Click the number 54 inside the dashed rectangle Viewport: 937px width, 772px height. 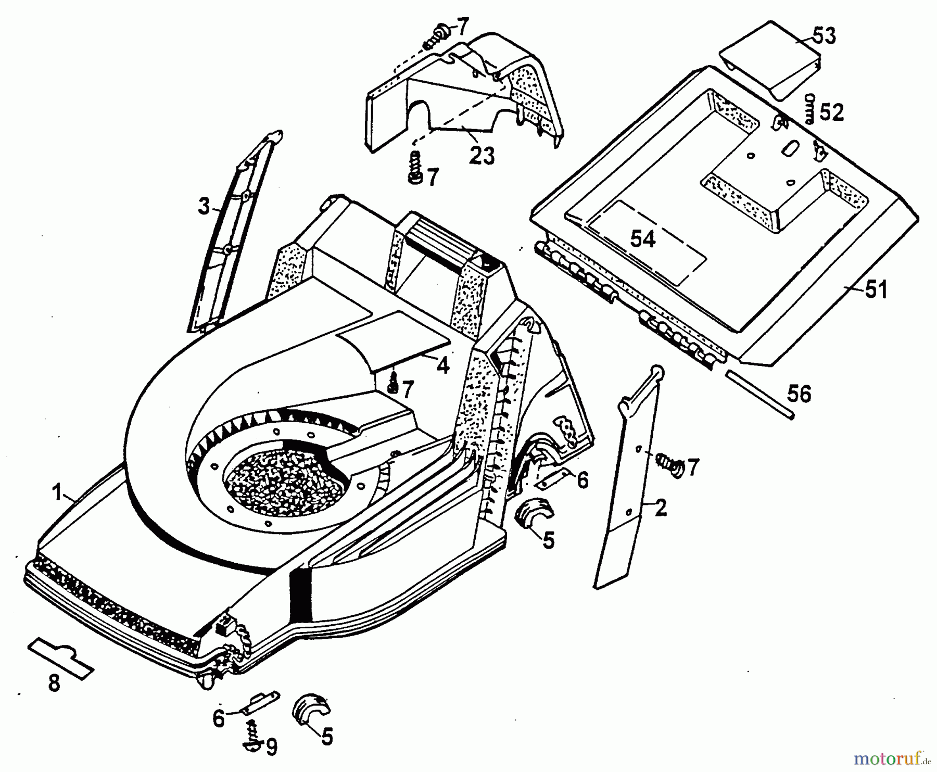(643, 239)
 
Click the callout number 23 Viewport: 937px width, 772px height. (482, 155)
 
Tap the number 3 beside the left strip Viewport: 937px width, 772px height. (204, 207)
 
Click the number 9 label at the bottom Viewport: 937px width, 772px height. (271, 747)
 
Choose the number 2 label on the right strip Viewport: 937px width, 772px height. (661, 508)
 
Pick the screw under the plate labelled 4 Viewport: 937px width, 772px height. (394, 384)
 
